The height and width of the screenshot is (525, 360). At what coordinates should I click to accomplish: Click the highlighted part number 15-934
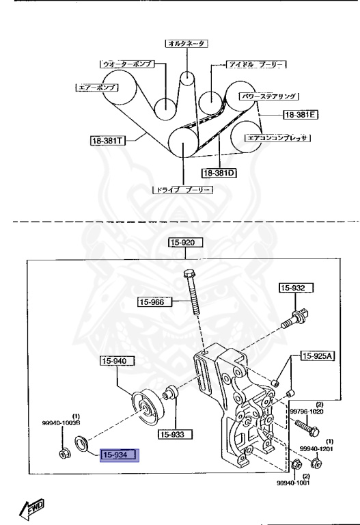pyautogui.click(x=120, y=455)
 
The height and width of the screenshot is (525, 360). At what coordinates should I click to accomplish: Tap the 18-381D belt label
pyautogui.click(x=219, y=173)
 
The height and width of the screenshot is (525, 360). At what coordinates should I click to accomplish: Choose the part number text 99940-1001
pyautogui.click(x=294, y=483)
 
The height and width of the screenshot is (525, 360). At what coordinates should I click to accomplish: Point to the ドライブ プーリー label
pyautogui.click(x=183, y=189)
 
